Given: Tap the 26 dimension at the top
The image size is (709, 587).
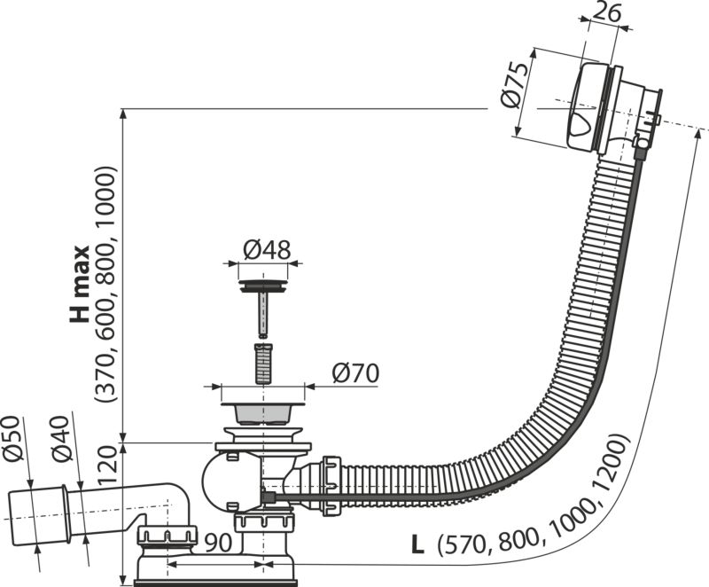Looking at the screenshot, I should [607, 13].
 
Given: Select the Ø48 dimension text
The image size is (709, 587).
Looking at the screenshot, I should [265, 251].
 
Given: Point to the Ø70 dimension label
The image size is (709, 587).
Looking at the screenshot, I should [354, 373].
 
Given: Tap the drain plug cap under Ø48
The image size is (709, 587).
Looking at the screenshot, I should [262, 286].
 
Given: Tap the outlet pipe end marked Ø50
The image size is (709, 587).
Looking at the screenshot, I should [35, 513].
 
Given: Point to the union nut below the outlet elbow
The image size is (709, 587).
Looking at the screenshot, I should [166, 535].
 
